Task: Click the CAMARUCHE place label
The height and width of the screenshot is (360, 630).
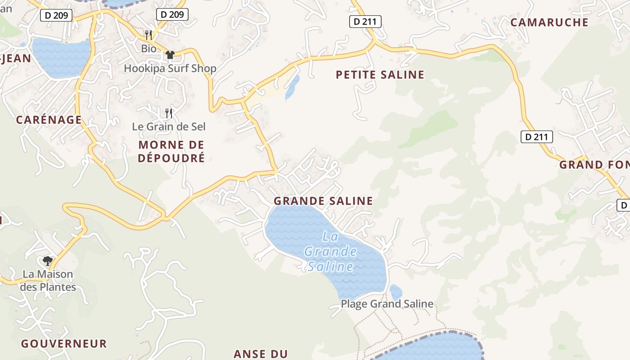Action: pyautogui.click(x=549, y=22)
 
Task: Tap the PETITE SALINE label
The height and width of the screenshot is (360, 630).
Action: pyautogui.click(x=380, y=75)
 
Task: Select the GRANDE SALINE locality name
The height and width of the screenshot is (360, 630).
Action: pyautogui.click(x=323, y=201)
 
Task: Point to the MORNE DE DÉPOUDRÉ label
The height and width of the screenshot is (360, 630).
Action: pyautogui.click(x=171, y=151)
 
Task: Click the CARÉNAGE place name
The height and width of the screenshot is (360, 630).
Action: pyautogui.click(x=49, y=120)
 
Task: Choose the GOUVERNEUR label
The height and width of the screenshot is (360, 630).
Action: pyautogui.click(x=64, y=344)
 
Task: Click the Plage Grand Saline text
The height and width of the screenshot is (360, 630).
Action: pyautogui.click(x=387, y=304)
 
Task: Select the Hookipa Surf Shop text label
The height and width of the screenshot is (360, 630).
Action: pyautogui.click(x=170, y=68)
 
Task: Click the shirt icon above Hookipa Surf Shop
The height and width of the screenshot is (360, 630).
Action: pyautogui.click(x=170, y=55)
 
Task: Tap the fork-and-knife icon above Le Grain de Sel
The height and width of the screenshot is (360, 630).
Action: pyautogui.click(x=169, y=113)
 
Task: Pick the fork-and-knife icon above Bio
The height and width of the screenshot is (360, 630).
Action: pyautogui.click(x=148, y=35)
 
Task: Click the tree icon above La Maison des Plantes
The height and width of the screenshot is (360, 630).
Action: pyautogui.click(x=47, y=261)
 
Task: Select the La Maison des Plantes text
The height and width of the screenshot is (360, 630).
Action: pyautogui.click(x=48, y=280)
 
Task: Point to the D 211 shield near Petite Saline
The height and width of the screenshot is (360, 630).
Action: pyautogui.click(x=365, y=21)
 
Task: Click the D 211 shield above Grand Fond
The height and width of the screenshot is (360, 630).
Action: pyautogui.click(x=536, y=137)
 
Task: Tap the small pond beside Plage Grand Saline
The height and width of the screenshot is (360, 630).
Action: pyautogui.click(x=396, y=292)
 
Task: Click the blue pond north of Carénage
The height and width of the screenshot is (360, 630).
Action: pyautogui.click(x=61, y=57)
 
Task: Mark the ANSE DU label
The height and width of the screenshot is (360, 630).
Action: pyautogui.click(x=261, y=354)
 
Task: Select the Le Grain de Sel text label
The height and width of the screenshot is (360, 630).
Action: pyautogui.click(x=169, y=127)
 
